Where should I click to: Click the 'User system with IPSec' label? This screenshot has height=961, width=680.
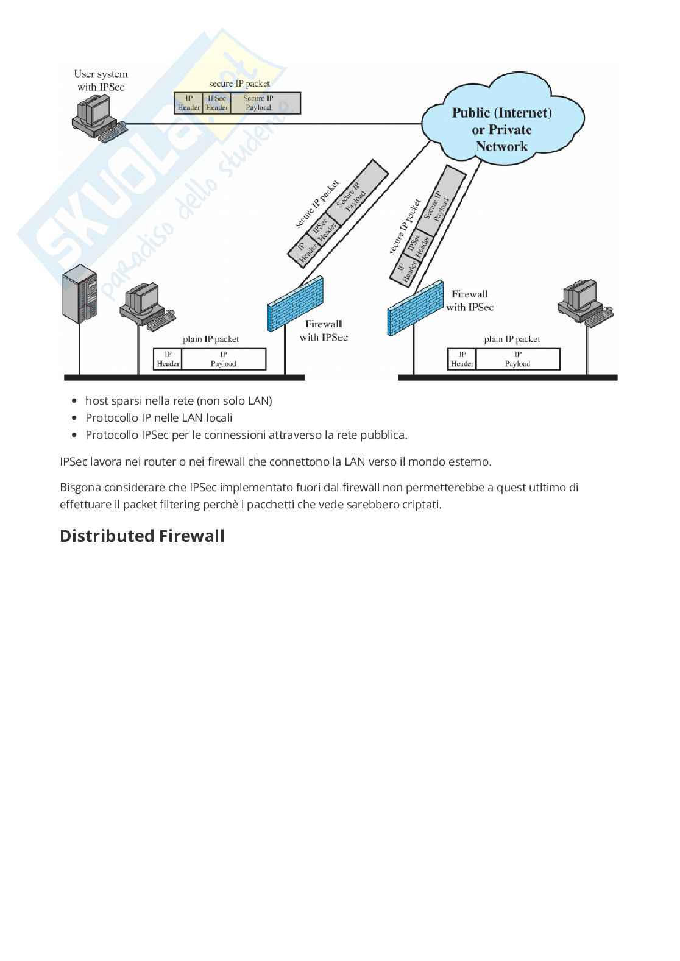click(101, 80)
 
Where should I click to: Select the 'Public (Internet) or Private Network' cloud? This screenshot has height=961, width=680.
click(501, 129)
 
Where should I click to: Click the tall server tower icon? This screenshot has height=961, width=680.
click(80, 293)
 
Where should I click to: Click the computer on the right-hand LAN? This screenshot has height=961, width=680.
click(581, 302)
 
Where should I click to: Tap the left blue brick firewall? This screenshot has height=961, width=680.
click(295, 303)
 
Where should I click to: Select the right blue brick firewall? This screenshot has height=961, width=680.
click(415, 308)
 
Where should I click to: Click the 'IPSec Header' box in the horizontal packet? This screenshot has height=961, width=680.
click(216, 103)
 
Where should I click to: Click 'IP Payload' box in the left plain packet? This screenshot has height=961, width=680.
click(224, 359)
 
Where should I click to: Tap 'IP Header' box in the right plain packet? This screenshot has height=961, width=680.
click(462, 359)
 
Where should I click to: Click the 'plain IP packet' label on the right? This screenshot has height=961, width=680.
click(512, 339)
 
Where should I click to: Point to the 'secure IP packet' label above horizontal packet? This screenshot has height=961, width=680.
click(239, 83)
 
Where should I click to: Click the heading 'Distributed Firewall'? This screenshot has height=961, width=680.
click(142, 536)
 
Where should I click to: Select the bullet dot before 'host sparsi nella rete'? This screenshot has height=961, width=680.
click(74, 401)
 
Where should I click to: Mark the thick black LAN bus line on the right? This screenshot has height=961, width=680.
click(508, 378)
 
